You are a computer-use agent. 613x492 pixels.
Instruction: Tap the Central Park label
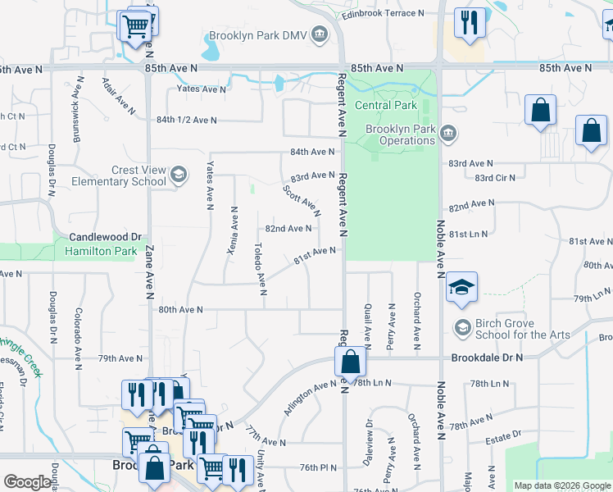[x=385, y=105]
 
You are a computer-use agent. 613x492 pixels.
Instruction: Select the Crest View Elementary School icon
[x=179, y=175]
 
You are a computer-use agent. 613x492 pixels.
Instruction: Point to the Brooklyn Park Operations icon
[x=447, y=133]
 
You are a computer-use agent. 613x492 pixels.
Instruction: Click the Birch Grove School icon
[x=462, y=328]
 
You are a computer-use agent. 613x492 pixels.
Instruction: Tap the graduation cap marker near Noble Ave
[x=461, y=286]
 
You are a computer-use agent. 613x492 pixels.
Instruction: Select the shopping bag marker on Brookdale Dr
[x=350, y=361]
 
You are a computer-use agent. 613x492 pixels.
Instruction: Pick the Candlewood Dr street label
[x=106, y=235]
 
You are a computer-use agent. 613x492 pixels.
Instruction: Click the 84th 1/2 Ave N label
[x=186, y=120]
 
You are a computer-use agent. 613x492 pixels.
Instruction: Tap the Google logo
[x=27, y=482]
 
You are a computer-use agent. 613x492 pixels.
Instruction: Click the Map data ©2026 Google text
[x=561, y=485]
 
